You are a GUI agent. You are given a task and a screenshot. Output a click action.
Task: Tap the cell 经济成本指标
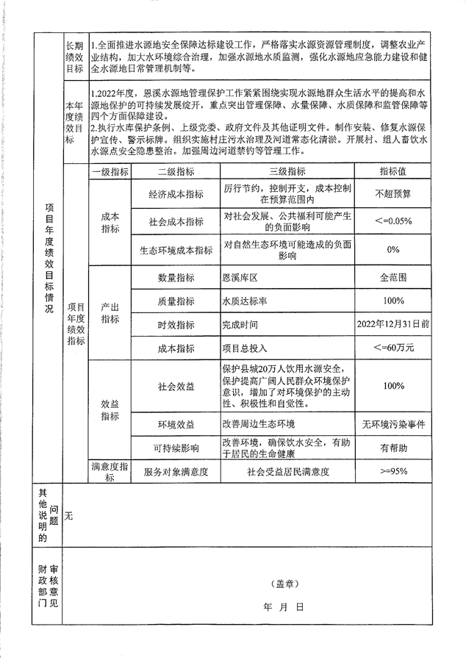tap(176, 194)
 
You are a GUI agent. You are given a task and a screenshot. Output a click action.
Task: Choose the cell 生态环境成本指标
tap(176, 250)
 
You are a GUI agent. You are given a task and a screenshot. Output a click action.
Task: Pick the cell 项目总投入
tap(245, 347)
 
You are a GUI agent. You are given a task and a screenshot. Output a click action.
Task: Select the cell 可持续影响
tap(176, 448)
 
